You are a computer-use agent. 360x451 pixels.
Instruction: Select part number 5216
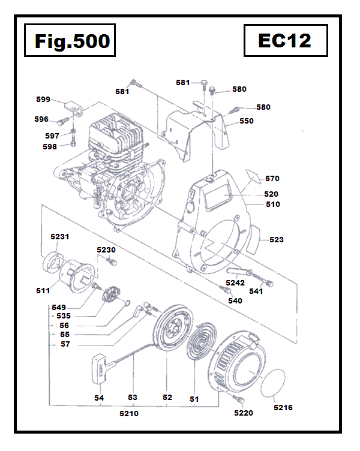click(x=283, y=408)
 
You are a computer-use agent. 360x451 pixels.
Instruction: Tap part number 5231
click(x=59, y=237)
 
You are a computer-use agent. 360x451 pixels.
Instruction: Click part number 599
click(x=43, y=99)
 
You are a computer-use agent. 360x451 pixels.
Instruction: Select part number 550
click(x=246, y=121)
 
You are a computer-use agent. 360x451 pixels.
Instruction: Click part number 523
click(x=277, y=239)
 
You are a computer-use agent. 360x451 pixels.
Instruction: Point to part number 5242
click(x=235, y=282)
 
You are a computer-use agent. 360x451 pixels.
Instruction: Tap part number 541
click(x=256, y=291)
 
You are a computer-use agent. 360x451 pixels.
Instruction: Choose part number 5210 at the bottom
click(x=128, y=413)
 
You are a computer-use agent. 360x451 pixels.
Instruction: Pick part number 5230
click(x=106, y=249)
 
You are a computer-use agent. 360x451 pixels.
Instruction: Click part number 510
click(x=273, y=204)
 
